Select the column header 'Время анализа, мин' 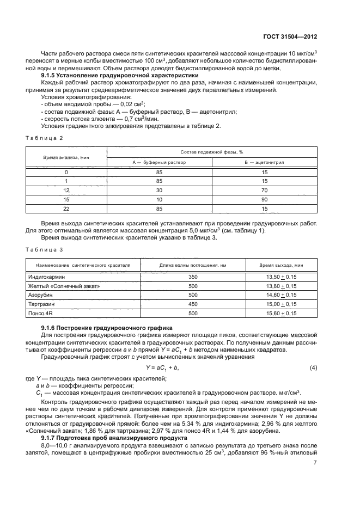(66, 156)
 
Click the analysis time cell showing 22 (66, 208)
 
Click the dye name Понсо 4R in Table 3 (41, 314)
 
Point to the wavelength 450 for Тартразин (192, 304)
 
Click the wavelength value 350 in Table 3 (192, 277)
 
